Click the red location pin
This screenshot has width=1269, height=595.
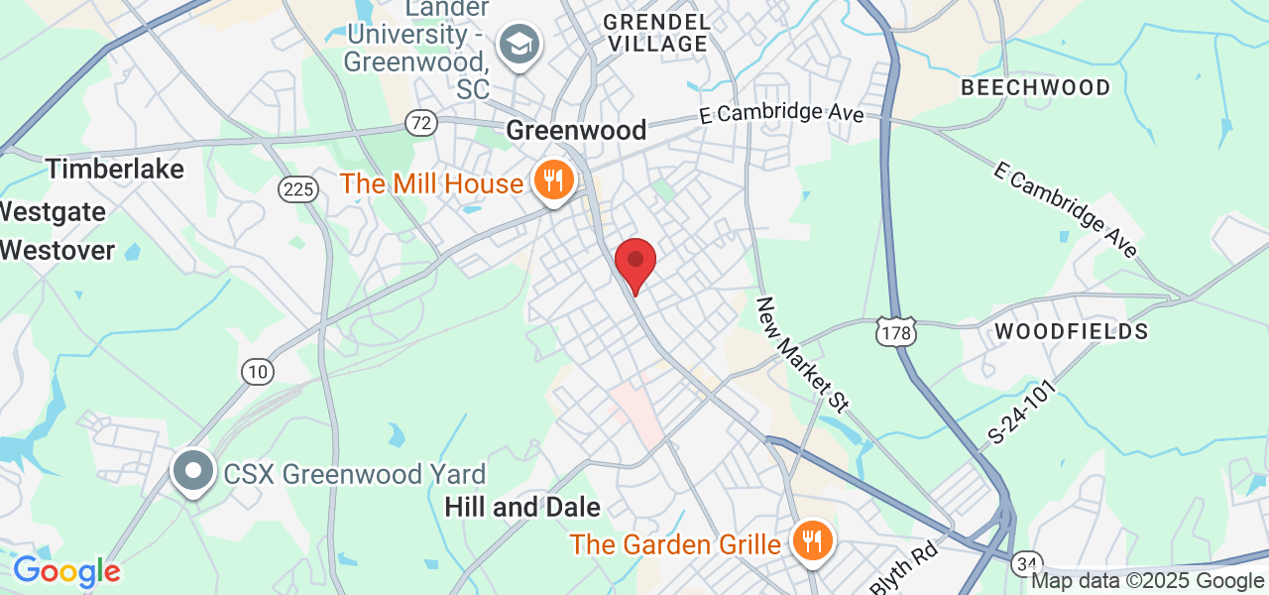(x=635, y=263)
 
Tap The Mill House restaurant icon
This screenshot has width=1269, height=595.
(x=549, y=181)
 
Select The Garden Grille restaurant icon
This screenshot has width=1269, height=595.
(x=812, y=540)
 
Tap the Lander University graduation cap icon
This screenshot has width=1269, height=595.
(x=518, y=45)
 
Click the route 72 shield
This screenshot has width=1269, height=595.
(x=421, y=123)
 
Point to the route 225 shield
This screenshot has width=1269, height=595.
(x=297, y=190)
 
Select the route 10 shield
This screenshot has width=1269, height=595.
(x=258, y=372)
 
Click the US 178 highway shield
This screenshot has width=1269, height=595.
(x=895, y=332)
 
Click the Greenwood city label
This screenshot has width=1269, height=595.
(x=576, y=130)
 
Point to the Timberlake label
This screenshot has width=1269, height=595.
(x=115, y=169)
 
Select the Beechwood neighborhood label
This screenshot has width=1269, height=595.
(x=1036, y=87)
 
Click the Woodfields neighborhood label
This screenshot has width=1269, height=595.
(x=1071, y=331)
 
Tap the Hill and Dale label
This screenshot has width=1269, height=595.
(x=522, y=508)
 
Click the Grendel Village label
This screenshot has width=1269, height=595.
(x=656, y=32)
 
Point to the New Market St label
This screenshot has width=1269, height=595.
(x=803, y=354)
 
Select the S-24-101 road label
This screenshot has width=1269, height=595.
(x=1022, y=416)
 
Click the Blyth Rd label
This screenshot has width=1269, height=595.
(x=904, y=568)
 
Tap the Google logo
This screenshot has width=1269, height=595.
(x=66, y=572)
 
